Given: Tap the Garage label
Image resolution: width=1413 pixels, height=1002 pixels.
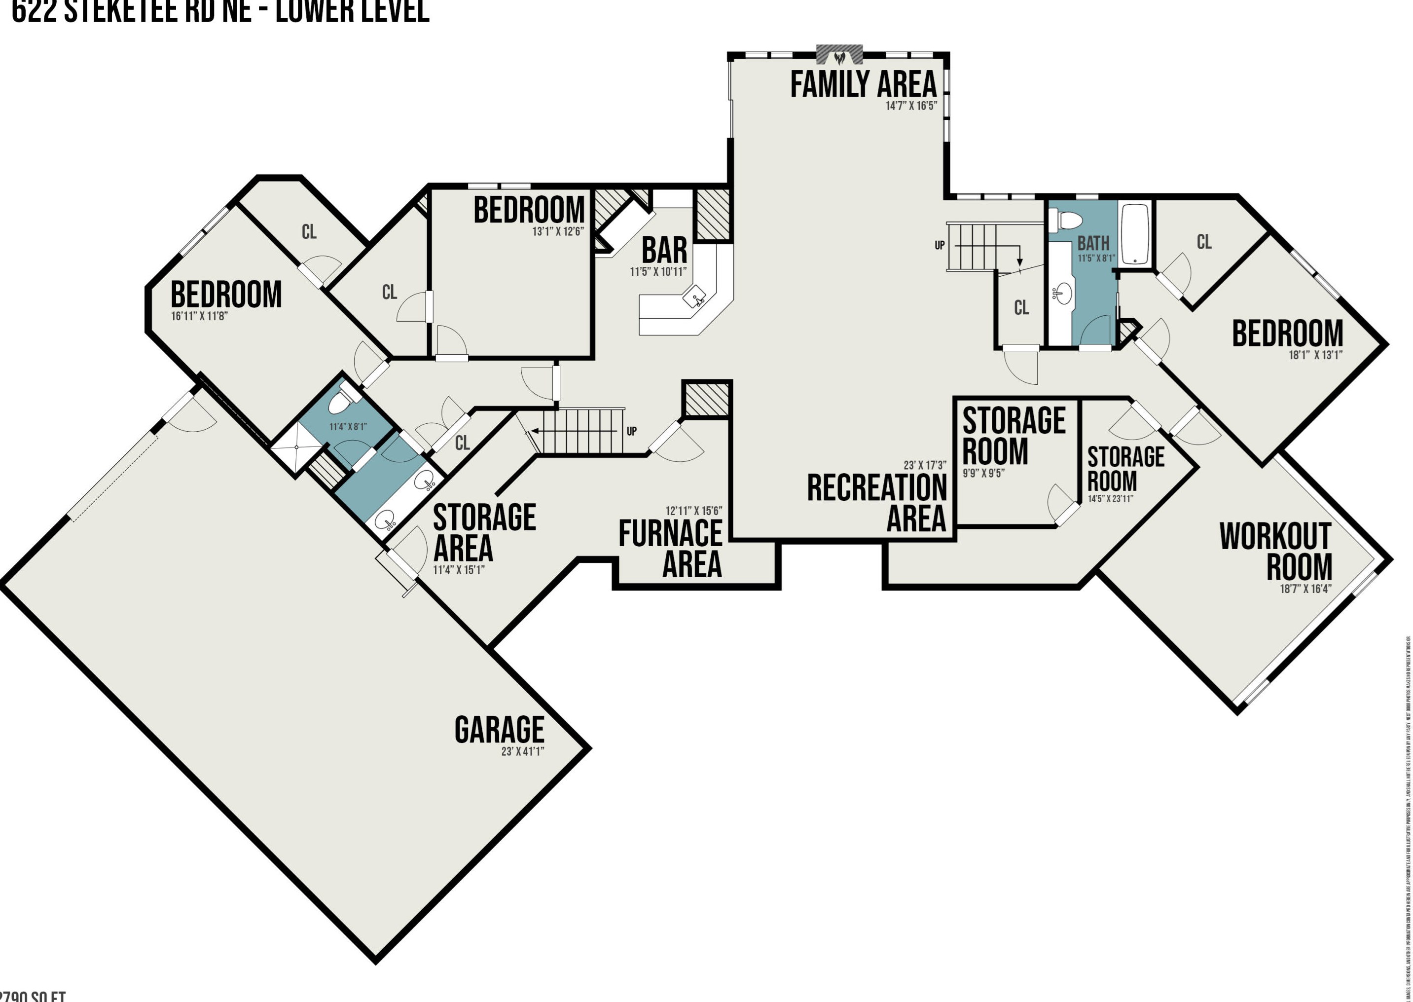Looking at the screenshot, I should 499,730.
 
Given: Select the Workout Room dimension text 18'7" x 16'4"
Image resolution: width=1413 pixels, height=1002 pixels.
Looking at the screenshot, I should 1305,589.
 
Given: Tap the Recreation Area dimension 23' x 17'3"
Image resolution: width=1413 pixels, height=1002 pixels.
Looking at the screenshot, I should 925,465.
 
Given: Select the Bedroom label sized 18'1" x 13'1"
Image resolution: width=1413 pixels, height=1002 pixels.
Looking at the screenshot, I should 1287,334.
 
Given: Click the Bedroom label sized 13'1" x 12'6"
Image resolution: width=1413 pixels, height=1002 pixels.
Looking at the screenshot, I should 529,210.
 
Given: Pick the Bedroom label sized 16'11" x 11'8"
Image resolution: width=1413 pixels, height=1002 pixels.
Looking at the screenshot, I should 226,295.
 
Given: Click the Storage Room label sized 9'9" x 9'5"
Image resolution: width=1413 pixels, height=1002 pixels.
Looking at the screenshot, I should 1014,436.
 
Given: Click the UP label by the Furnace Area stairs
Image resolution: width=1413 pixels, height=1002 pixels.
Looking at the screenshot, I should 632,431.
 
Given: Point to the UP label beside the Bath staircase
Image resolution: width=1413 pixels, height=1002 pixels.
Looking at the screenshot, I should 940,245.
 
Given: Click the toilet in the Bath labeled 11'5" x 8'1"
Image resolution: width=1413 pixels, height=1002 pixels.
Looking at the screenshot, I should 1066,220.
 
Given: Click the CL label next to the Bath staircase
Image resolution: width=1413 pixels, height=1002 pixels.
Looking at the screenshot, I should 1021,307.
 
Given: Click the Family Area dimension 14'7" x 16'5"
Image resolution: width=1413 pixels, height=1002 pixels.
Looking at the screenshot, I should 910,106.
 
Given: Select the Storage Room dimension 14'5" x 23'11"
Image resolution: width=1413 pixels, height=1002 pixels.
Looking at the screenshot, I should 1110,498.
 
